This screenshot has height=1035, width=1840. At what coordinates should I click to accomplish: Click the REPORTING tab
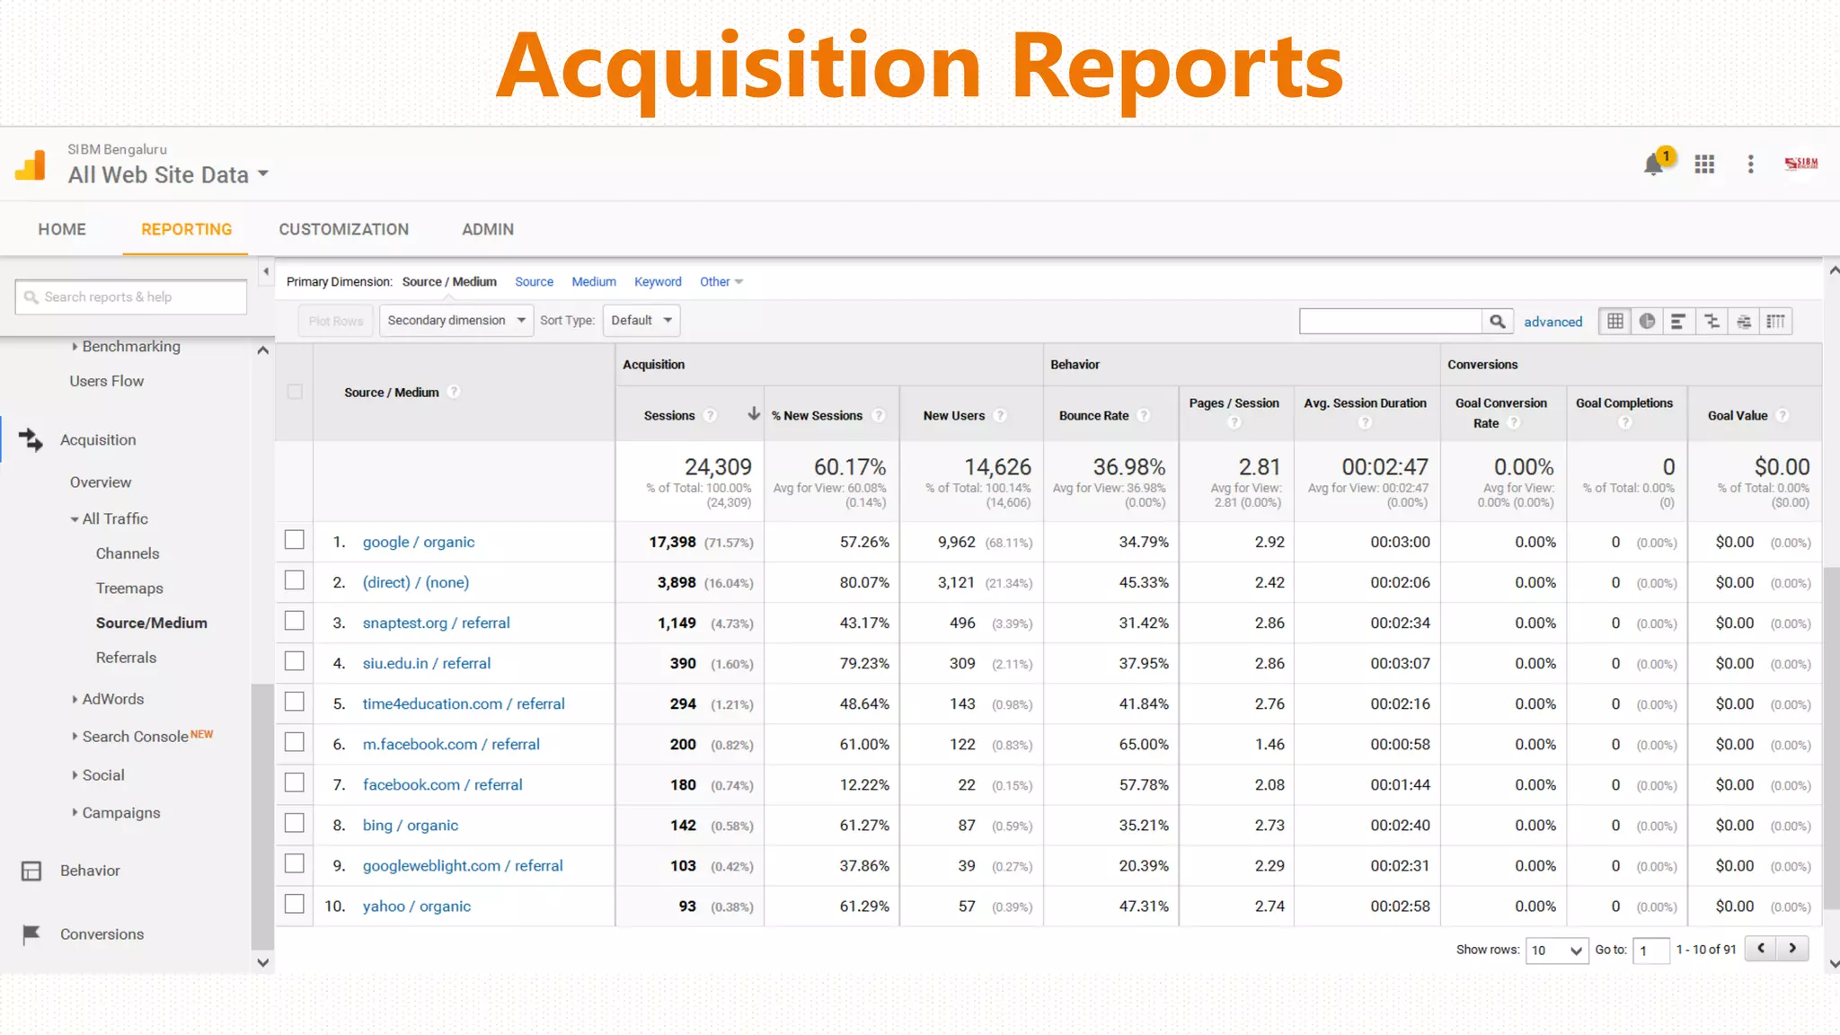pos(186,229)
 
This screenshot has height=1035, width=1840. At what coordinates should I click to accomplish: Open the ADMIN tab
pos(487,229)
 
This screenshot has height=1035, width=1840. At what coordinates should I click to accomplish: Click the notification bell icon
pos(1652,164)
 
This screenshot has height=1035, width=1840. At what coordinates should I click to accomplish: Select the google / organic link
pos(418,542)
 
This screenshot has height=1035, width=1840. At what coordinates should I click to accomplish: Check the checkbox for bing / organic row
pos(294,824)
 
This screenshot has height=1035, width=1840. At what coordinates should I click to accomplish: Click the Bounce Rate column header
pos(1093,415)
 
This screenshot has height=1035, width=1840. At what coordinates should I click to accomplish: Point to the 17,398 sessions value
pos(672,542)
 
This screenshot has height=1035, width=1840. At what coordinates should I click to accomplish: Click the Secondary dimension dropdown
pos(456,321)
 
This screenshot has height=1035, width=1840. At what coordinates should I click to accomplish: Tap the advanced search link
pos(1552,322)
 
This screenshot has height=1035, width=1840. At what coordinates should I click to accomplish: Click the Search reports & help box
pos(131,297)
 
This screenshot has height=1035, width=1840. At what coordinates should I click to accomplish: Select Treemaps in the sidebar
pos(129,588)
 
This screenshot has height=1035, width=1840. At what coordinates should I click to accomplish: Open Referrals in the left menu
pos(126,658)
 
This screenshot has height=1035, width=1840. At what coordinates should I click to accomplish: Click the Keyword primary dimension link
pos(658,282)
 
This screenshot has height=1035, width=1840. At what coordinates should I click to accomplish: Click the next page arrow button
pos(1792,949)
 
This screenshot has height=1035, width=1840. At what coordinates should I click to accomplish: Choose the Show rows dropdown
pos(1556,950)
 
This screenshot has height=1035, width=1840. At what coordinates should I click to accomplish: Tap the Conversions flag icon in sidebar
pos(31,934)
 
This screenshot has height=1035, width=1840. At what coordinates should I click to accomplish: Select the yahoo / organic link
pos(416,906)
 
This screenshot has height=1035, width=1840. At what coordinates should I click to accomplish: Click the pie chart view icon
pos(1647,322)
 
